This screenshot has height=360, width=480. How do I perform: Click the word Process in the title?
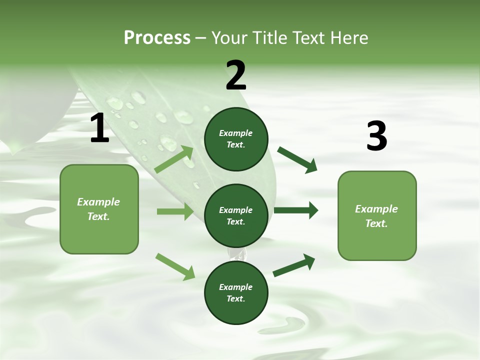point(157,38)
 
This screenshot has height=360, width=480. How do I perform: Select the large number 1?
point(99,128)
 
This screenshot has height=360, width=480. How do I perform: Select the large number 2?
point(236,75)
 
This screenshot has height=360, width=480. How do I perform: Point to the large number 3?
point(376,136)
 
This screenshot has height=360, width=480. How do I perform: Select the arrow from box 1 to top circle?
point(174,159)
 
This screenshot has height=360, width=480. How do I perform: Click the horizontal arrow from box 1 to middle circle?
point(175,211)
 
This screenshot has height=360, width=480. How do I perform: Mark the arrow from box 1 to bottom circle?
point(175,266)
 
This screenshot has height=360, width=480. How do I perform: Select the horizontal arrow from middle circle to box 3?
point(295,210)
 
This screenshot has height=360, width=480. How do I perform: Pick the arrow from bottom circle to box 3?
point(294,265)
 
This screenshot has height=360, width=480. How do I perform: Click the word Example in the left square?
point(98,202)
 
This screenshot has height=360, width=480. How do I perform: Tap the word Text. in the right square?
point(376,223)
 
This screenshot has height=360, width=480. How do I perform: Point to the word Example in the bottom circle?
point(236,287)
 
